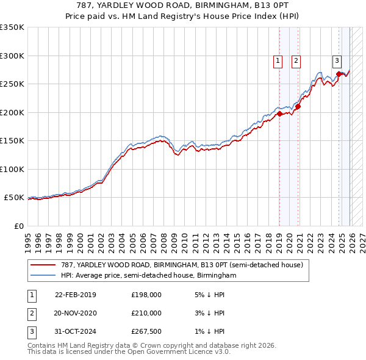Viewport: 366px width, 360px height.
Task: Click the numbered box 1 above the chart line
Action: point(278,60)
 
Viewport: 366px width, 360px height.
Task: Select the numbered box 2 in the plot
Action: point(296,60)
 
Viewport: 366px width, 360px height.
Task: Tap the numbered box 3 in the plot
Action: point(337,60)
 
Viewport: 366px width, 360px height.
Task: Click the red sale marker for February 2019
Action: point(279,113)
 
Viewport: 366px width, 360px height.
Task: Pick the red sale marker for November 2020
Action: point(298,107)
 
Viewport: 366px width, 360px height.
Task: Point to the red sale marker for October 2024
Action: point(339,74)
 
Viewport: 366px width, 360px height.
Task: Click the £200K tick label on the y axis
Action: point(12,112)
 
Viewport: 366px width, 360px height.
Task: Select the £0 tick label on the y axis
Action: point(18,226)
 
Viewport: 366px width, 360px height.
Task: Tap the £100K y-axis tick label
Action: point(12,169)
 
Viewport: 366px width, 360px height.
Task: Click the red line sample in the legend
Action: point(43,265)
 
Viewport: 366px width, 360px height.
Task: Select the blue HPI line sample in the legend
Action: point(43,276)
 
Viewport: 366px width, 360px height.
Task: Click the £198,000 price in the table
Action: point(146,295)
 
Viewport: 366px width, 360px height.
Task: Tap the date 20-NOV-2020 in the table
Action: point(76,313)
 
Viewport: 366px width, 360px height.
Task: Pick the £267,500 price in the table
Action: point(146,331)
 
